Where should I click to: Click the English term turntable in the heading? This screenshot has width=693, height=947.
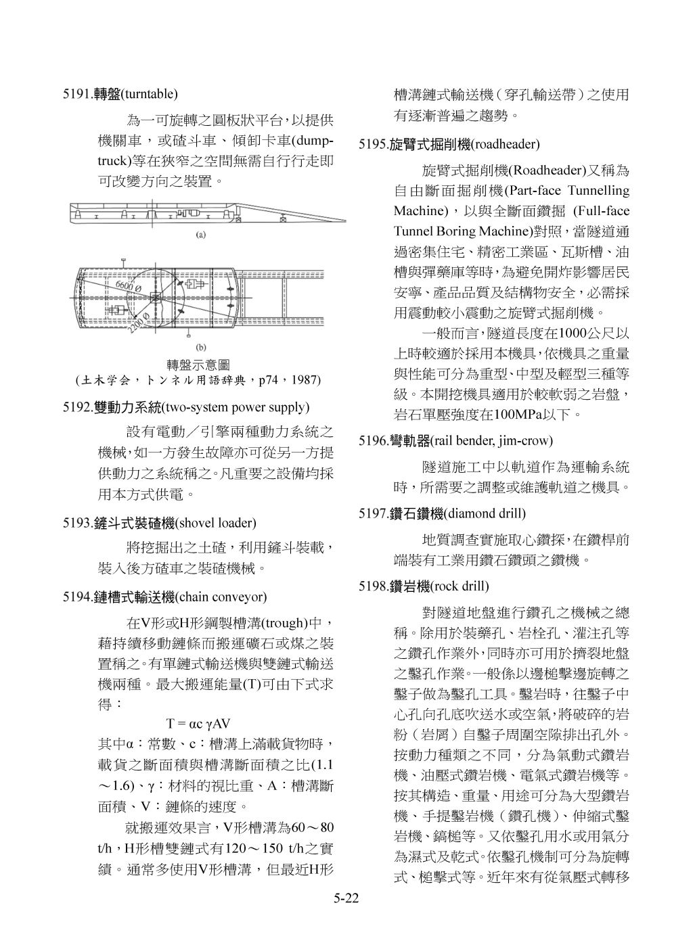[148, 94]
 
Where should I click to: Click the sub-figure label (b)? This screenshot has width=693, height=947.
[201, 347]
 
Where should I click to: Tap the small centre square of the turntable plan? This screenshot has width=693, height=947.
[156, 298]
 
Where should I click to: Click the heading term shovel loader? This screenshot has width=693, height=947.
[216, 523]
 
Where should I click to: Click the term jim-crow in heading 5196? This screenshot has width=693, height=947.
[529, 441]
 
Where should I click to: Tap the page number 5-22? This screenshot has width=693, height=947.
[345, 898]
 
